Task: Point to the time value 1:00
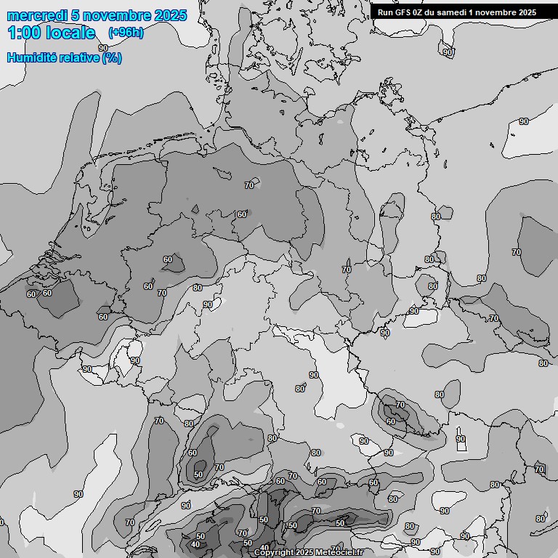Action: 24,33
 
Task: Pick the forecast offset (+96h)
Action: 126,33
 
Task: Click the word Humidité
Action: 30,57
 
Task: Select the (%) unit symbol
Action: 112,57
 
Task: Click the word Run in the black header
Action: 385,12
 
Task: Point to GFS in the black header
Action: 403,12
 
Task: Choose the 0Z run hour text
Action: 421,12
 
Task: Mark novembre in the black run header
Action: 498,12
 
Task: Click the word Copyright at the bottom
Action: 274,552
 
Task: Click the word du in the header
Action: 434,12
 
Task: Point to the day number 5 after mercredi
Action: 65,15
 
